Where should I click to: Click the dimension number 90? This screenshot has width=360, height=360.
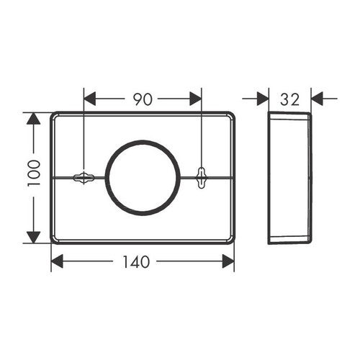(x=143, y=99)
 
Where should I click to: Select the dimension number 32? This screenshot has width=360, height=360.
(x=290, y=99)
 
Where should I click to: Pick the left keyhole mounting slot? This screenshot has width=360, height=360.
(x=84, y=176)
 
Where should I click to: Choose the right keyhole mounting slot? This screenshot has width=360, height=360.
(x=201, y=175)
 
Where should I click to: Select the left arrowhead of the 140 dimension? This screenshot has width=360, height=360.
(x=58, y=262)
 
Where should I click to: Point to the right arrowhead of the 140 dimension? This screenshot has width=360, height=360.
(x=228, y=262)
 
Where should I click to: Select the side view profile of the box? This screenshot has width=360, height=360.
(x=289, y=178)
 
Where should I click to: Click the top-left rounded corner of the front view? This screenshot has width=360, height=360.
(x=55, y=116)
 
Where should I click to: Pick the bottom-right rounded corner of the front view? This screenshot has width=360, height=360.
(x=230, y=240)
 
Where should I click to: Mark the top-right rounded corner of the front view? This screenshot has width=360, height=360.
(x=230, y=116)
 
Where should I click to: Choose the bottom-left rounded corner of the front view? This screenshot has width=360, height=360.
(x=55, y=240)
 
